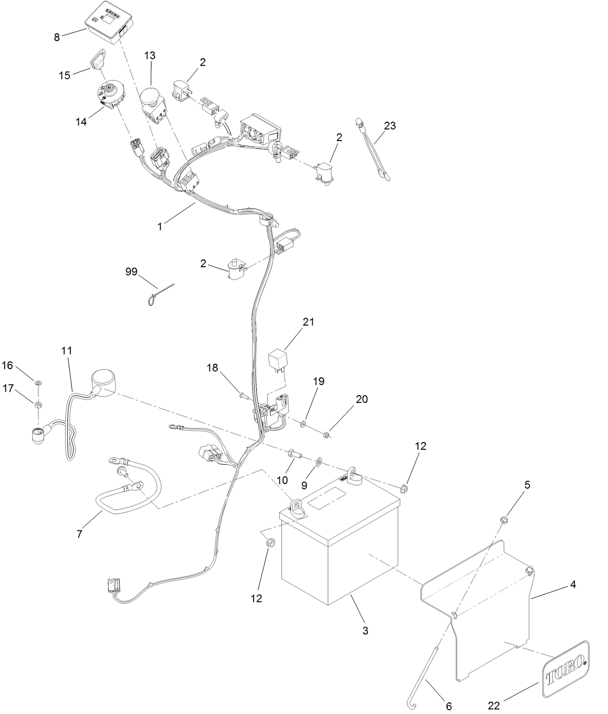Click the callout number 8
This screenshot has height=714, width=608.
tap(57, 38)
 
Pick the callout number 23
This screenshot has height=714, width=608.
tap(390, 126)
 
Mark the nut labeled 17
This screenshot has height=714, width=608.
tap(38, 404)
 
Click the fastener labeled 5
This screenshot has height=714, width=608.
tap(505, 520)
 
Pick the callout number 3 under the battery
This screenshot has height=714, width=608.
tap(365, 630)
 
